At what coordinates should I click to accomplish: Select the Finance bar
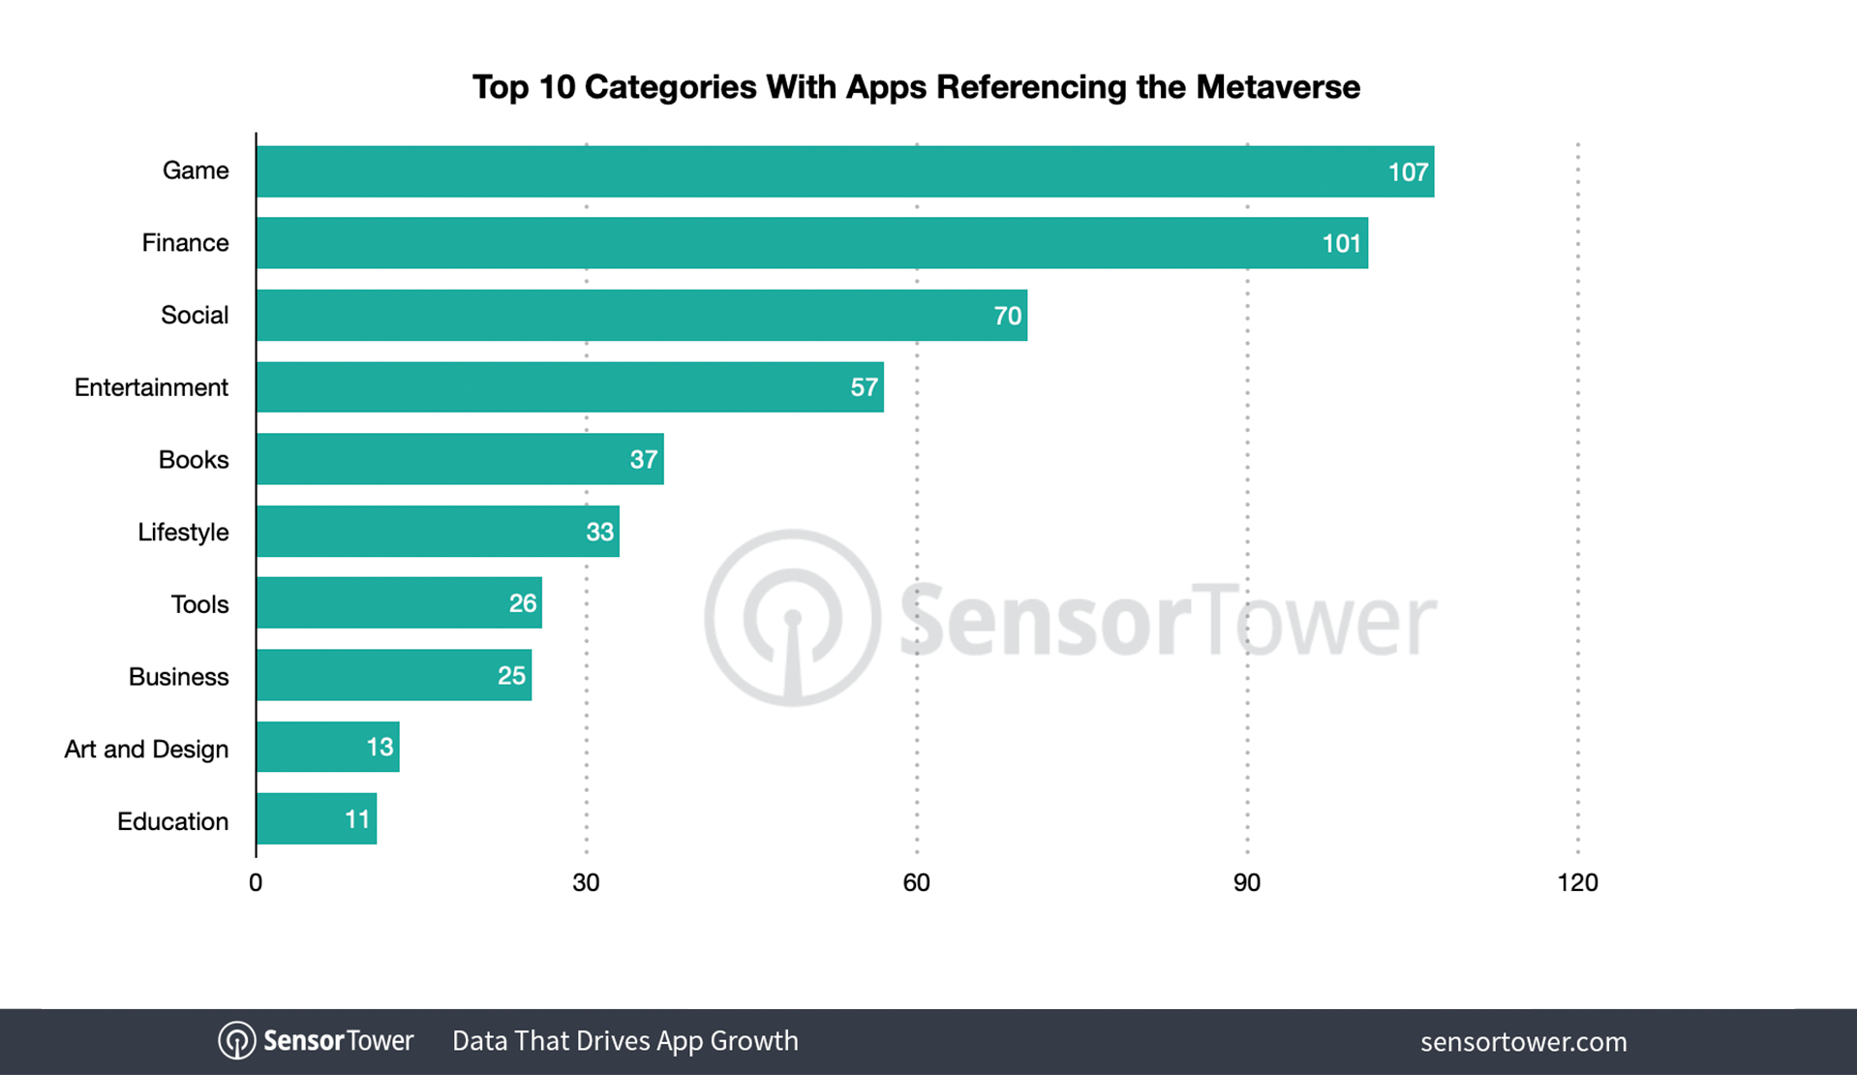811,243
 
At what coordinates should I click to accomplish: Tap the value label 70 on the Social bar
1007,316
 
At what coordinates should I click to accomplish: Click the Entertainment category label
151,387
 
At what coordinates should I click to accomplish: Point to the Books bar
460,459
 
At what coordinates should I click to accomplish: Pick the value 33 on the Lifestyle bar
599,532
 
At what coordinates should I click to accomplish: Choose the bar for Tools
399,603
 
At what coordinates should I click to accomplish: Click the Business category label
178,676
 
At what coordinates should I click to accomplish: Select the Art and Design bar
327,747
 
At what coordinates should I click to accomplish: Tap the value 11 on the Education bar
356,819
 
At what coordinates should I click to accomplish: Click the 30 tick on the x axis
586,882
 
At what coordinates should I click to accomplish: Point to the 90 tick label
1246,882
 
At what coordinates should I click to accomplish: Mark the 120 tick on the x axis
1577,882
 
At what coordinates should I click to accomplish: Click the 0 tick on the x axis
256,882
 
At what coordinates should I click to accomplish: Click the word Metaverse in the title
1277,87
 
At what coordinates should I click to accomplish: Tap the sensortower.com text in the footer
1523,1042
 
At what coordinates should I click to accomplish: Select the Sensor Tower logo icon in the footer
236,1041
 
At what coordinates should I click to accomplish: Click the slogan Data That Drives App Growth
624,1041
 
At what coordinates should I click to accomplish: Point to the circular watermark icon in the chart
792,617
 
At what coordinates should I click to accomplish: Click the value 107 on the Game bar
1408,172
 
